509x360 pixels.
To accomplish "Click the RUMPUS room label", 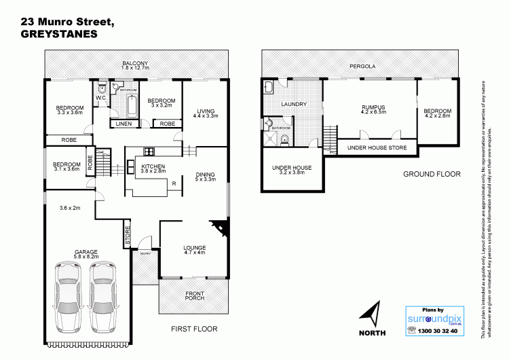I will pos(373,107).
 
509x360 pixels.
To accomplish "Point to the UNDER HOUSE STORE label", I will pos(376,147).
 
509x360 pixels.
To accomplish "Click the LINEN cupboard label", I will pos(124,124).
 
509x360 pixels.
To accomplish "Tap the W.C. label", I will pos(100,98).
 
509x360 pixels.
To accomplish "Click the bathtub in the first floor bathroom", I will pos(131,106).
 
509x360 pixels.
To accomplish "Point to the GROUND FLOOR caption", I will pos(432,174).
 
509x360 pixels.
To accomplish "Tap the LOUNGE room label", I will pos(194,248).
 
